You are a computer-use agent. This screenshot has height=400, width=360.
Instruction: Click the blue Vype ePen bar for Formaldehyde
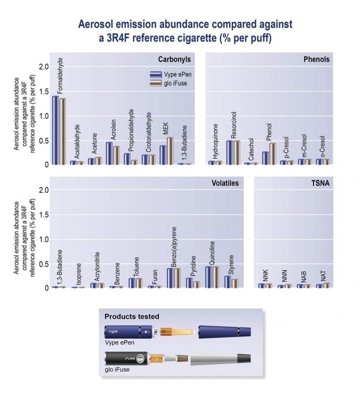click(x=55, y=130)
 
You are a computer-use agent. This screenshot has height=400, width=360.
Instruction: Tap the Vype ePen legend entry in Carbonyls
click(x=173, y=74)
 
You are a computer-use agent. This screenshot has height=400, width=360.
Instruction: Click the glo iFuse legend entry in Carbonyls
click(x=173, y=83)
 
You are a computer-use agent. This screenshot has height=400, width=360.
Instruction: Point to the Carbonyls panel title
click(x=174, y=59)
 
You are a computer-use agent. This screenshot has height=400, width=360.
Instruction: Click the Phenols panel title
click(x=316, y=59)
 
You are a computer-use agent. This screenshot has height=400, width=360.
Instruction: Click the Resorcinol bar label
click(x=233, y=125)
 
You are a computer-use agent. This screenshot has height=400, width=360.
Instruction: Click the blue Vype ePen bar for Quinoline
click(x=209, y=277)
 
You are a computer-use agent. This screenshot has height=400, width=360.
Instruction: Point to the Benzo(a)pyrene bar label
click(x=174, y=246)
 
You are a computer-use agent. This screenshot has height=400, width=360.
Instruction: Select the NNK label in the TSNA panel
click(x=265, y=275)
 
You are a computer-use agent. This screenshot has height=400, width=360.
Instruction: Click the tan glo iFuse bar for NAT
click(x=326, y=285)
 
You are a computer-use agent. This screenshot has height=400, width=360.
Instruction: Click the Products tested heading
click(x=132, y=316)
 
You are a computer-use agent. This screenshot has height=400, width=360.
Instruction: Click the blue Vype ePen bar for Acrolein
click(x=109, y=153)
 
